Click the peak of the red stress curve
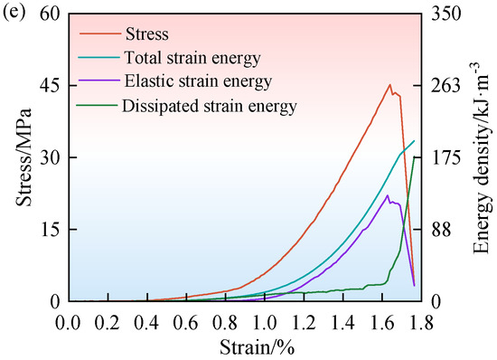389,85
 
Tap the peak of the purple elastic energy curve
388,195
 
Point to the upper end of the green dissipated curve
414,157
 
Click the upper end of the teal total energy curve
414,141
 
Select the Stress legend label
147,34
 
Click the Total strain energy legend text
192,58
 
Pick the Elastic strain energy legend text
198,81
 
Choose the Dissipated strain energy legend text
210,106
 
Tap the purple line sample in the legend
99,81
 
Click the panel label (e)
14,14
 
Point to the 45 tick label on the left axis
50,86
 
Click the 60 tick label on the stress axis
50,14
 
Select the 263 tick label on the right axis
445,86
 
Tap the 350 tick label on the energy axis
445,14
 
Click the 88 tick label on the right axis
441,230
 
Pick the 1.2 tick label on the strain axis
304,323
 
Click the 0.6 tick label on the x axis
186,323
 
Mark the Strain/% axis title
257,347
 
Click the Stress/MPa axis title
24,157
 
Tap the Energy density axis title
481,157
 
